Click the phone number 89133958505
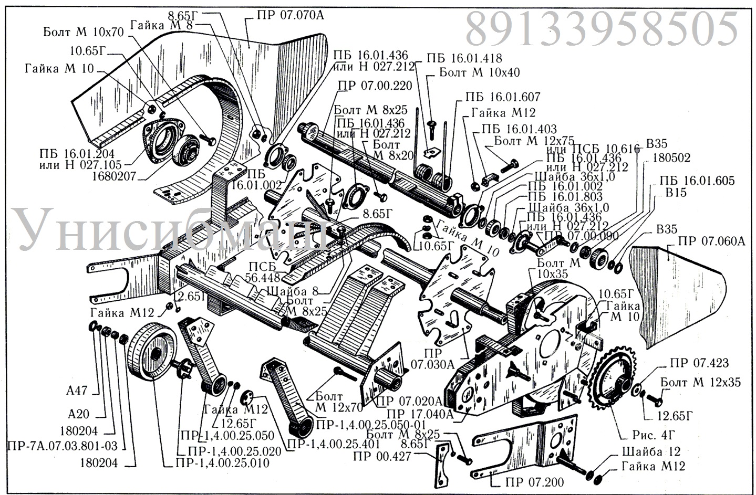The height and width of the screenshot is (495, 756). tap(602, 29)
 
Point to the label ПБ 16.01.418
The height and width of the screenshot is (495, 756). tap(464, 58)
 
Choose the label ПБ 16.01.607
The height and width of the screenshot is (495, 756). tap(502, 98)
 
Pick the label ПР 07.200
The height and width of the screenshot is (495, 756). tap(527, 483)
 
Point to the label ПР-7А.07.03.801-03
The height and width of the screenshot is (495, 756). tap(64, 446)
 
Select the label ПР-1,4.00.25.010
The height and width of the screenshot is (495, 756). tap(224, 463)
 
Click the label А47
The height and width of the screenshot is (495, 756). tap(77, 391)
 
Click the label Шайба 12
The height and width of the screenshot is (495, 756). tap(650, 451)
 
